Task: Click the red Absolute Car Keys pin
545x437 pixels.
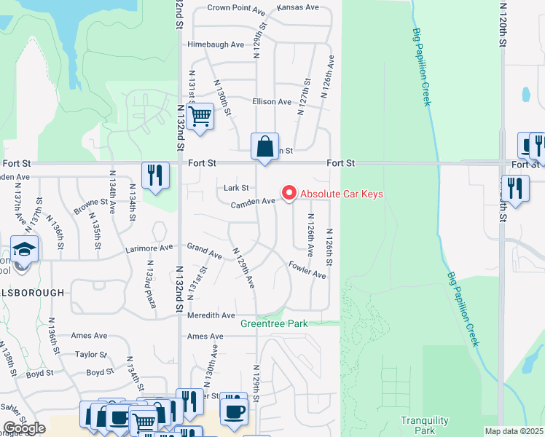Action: tap(289, 193)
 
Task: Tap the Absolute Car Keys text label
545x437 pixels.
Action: tap(342, 194)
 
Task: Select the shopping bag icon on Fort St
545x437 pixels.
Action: tap(265, 146)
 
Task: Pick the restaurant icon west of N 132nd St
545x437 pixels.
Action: tap(155, 174)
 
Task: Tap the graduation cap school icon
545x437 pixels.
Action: tap(24, 249)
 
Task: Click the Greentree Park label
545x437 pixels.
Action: tap(274, 323)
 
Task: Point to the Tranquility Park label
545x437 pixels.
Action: tap(419, 425)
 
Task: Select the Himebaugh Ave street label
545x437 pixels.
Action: tap(216, 44)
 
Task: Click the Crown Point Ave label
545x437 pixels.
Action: tap(235, 8)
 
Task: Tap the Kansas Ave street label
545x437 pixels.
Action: tap(298, 7)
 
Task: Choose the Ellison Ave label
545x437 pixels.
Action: tap(272, 102)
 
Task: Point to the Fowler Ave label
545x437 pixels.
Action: tap(307, 269)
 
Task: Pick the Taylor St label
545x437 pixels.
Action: tap(91, 355)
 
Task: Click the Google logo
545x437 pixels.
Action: tap(24, 428)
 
